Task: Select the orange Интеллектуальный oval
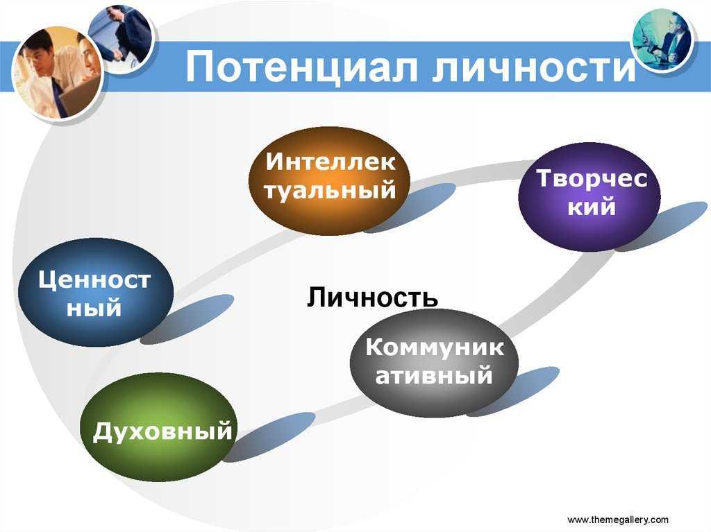coord(330,181)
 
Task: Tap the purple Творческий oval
coord(589,197)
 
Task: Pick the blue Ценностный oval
coord(96,292)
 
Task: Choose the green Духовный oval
coord(159,427)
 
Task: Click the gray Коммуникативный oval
coord(434,363)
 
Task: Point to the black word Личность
coord(372,298)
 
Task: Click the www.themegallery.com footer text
coord(617,520)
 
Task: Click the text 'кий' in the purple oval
coord(592,207)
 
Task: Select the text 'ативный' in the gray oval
coord(434,376)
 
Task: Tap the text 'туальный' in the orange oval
coord(330,190)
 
